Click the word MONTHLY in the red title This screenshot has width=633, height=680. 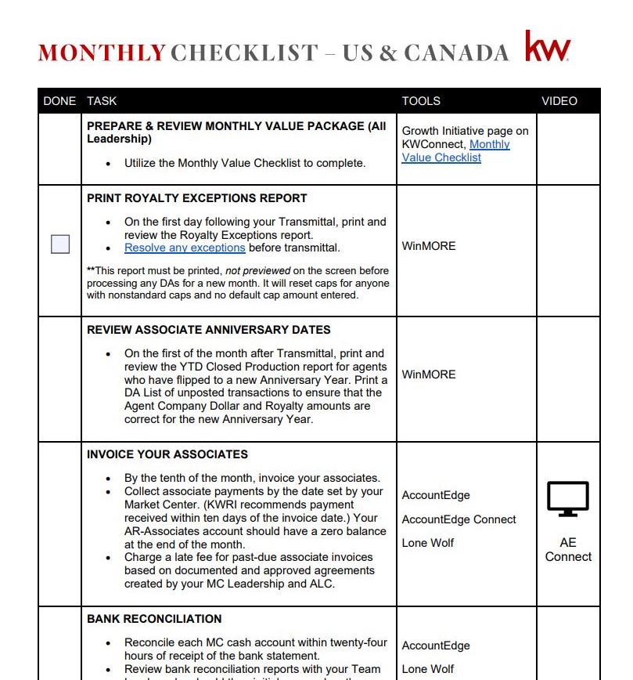pyautogui.click(x=102, y=53)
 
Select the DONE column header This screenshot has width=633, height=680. pyautogui.click(x=59, y=101)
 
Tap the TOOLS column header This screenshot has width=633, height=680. pyautogui.click(x=421, y=101)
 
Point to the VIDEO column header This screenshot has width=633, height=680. pyautogui.click(x=559, y=101)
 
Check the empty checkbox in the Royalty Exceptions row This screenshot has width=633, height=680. pyautogui.click(x=60, y=244)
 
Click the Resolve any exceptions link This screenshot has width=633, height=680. pyautogui.click(x=185, y=248)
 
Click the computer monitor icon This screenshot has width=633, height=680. pyautogui.click(x=567, y=499)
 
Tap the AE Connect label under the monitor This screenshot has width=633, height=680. pyautogui.click(x=568, y=549)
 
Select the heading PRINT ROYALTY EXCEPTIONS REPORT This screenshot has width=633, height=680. pyautogui.click(x=197, y=198)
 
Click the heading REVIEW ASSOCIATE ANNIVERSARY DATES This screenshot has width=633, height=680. pyautogui.click(x=209, y=330)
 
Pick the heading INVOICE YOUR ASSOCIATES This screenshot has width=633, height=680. pyautogui.click(x=167, y=454)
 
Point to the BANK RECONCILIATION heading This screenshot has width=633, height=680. pyautogui.click(x=154, y=619)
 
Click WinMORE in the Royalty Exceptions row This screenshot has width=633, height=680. pyautogui.click(x=429, y=246)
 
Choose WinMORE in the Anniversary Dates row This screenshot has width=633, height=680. pyautogui.click(x=429, y=374)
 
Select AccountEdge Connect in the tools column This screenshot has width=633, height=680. pyautogui.click(x=459, y=519)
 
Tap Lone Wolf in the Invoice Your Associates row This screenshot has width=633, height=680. pyautogui.click(x=428, y=543)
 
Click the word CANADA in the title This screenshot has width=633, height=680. pyautogui.click(x=456, y=53)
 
